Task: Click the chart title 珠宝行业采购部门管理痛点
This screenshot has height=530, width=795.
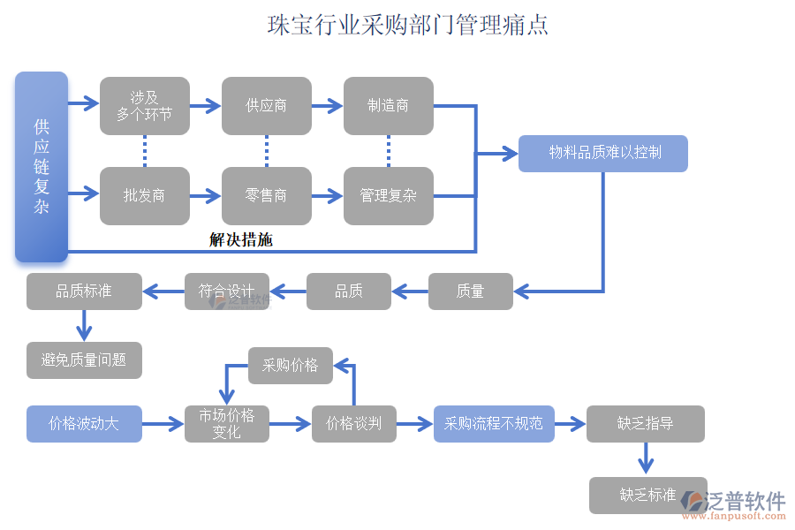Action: point(408,25)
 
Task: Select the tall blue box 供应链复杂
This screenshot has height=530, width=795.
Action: point(42,167)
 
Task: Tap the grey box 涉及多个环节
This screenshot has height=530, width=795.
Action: point(144,106)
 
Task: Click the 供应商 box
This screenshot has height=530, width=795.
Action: point(266,106)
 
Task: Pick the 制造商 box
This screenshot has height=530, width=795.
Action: point(388,106)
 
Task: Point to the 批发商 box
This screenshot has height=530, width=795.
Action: point(144,195)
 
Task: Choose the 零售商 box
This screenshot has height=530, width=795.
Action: point(266,195)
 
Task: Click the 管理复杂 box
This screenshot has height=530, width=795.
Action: point(388,195)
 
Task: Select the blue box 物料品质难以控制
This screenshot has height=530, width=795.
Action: point(602,153)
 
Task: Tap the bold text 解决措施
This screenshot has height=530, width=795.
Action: point(240,239)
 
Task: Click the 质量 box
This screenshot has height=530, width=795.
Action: point(470,291)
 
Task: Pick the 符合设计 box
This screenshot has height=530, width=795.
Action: point(226,291)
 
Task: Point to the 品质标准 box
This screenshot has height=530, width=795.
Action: point(84,291)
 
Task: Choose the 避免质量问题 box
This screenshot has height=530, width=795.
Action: point(84,360)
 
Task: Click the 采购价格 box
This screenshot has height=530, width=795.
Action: point(290,365)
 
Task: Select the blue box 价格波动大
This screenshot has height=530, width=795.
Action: point(84,424)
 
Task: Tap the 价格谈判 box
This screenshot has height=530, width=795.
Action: point(353,424)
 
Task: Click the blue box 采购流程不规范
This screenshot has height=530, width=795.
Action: point(493,424)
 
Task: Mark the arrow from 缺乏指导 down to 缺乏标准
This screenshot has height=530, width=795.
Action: point(646,458)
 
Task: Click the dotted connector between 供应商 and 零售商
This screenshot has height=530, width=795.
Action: point(266,150)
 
